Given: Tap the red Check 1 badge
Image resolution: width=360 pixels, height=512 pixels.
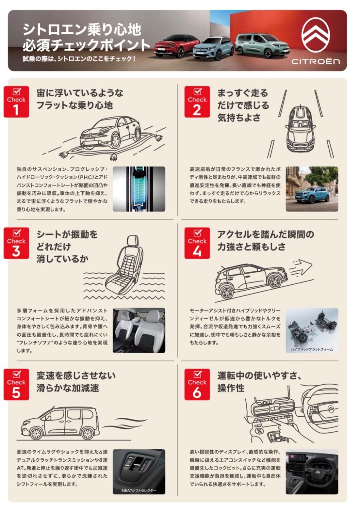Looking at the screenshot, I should (x=16, y=102).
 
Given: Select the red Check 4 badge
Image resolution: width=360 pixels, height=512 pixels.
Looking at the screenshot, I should (x=197, y=243).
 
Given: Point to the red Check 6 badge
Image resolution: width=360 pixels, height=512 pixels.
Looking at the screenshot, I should (x=197, y=384).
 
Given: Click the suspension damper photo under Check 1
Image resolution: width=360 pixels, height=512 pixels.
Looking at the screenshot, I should (x=139, y=189).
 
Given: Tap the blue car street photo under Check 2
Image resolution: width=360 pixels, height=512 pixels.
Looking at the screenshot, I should (x=312, y=189).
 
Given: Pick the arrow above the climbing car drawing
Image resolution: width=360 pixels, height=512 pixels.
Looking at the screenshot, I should (x=301, y=268).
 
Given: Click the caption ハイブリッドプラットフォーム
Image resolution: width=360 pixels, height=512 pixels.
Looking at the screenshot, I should (x=312, y=349).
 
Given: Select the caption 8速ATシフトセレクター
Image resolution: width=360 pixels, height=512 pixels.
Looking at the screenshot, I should (x=139, y=491).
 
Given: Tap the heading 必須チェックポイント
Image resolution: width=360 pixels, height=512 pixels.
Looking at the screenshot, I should (x=86, y=45).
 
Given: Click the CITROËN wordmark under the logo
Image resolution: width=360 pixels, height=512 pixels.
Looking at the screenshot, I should (x=315, y=62).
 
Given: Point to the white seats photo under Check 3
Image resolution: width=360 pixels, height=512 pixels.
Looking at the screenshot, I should (x=139, y=330).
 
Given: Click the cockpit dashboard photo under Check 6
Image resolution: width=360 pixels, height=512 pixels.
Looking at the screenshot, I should (x=312, y=472).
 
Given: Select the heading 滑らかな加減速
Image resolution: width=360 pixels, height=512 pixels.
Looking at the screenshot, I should (x=67, y=388).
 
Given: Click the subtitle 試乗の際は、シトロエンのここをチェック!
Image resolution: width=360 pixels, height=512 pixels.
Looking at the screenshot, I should (x=79, y=59).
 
